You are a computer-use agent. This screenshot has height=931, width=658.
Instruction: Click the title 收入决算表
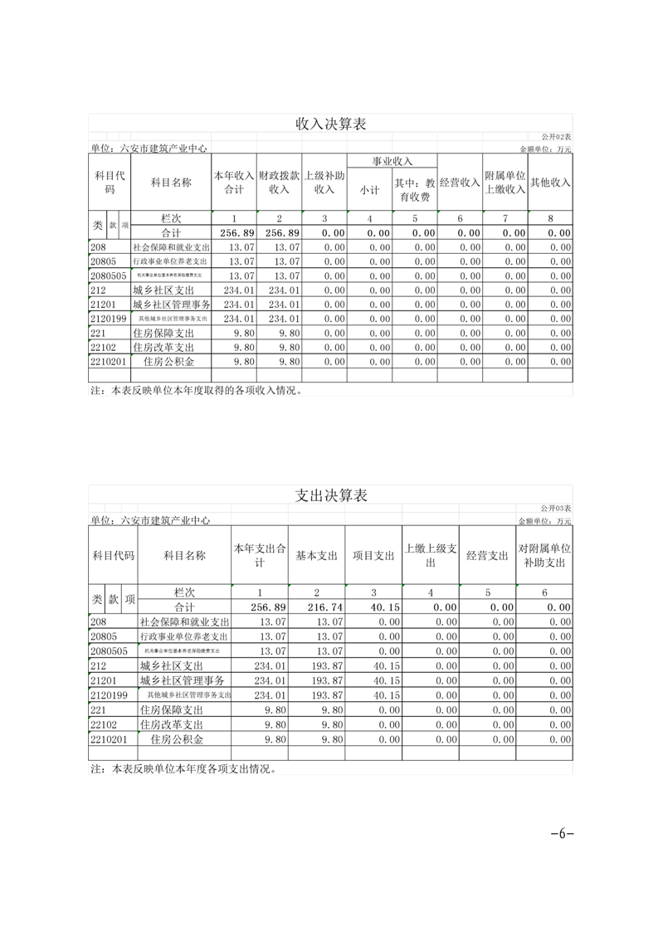331,124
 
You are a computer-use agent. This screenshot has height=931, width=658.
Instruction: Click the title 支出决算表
331,495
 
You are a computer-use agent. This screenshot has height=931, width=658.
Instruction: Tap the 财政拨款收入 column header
279,183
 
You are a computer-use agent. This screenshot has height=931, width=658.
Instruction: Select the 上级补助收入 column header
324,183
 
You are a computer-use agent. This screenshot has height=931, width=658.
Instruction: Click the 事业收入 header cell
392,161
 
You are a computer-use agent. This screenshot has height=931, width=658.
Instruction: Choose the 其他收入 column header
550,183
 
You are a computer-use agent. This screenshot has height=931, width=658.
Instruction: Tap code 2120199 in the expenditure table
109,695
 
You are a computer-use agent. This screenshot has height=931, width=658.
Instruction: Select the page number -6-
563,834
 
